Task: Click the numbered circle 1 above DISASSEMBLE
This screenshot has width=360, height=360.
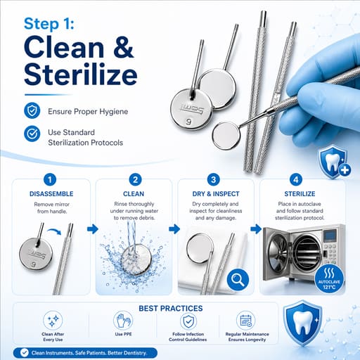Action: (50, 180)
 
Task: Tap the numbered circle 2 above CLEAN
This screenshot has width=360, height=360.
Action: (135, 180)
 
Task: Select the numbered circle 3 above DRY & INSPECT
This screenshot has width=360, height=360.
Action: (214, 180)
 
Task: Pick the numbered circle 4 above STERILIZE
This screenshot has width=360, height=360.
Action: (296, 180)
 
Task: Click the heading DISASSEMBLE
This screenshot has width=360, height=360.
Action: (51, 194)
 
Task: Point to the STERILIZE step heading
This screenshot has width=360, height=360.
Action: (300, 194)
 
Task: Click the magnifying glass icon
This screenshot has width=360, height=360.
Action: (238, 280)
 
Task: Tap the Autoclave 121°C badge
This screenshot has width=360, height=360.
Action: (329, 279)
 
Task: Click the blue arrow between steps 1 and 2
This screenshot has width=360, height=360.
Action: (93, 229)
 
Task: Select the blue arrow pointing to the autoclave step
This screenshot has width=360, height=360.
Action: (256, 229)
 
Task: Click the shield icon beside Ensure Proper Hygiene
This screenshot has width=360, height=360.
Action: (32, 110)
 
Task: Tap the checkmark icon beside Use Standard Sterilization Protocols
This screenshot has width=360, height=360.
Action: (32, 134)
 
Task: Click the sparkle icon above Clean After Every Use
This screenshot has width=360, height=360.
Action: (53, 321)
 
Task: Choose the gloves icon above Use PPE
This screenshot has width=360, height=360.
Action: (123, 321)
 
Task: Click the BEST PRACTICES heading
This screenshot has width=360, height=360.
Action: (171, 309)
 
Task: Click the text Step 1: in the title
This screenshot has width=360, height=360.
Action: (49, 24)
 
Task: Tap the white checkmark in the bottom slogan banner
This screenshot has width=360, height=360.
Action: (25, 352)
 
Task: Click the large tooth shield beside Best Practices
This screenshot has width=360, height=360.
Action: (302, 323)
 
